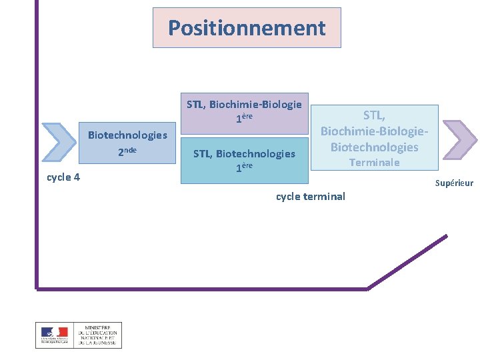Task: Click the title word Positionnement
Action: tap(247, 28)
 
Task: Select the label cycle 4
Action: tap(63, 177)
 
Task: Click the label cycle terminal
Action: tap(311, 196)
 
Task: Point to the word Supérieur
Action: tap(454, 183)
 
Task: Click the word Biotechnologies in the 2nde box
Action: tap(127, 135)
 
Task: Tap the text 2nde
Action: tap(127, 151)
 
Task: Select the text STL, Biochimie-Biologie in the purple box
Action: tap(244, 104)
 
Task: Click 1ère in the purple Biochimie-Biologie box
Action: tap(244, 119)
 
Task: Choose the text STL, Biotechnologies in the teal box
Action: tap(244, 154)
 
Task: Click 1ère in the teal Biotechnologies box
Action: tap(244, 167)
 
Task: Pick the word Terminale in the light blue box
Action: tap(375, 163)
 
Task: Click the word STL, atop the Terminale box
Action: tap(375, 117)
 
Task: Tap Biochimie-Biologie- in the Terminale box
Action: tap(375, 132)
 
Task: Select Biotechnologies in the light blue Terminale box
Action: tap(375, 147)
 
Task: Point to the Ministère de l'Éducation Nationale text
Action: tap(97, 335)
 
